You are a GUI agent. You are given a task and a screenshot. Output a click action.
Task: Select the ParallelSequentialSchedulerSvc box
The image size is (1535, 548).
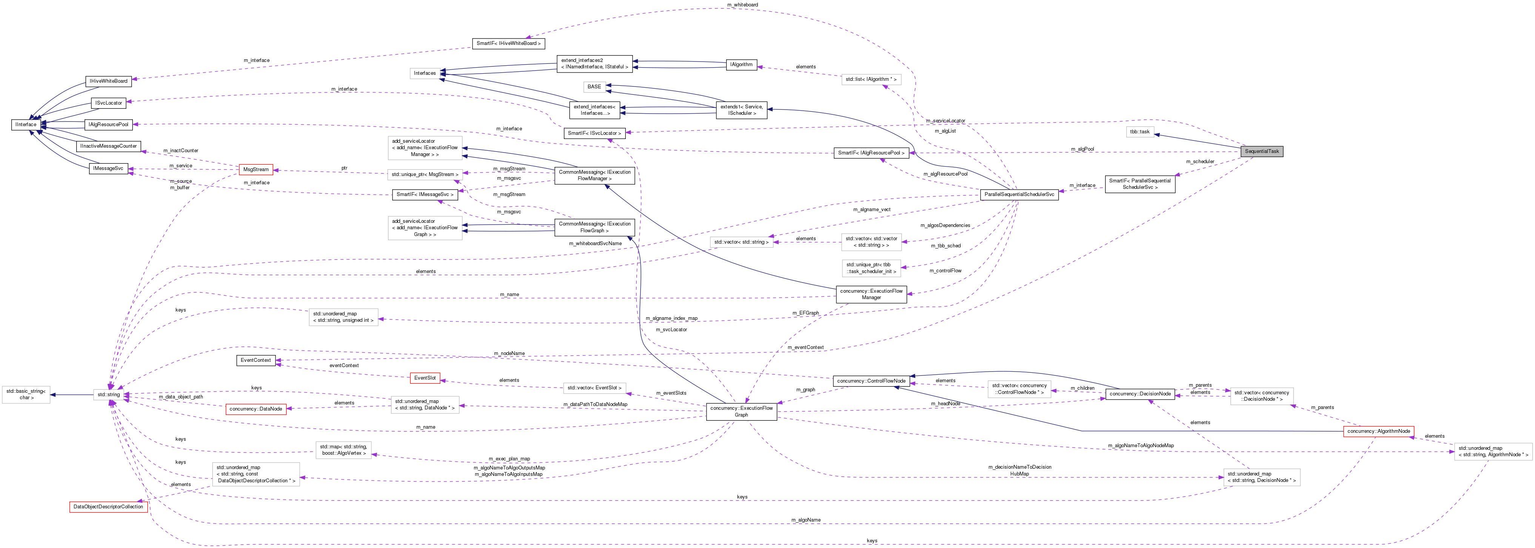point(1019,195)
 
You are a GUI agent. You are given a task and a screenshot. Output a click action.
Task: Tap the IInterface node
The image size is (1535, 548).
point(26,125)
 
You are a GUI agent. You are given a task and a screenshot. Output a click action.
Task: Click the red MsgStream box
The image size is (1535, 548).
point(256,169)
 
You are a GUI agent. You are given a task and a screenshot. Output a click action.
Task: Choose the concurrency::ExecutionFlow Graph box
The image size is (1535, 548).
point(741,411)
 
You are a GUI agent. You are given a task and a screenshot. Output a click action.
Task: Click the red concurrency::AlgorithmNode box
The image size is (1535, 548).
point(1378,431)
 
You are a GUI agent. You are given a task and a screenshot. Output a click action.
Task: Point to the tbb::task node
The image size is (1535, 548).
point(1139,132)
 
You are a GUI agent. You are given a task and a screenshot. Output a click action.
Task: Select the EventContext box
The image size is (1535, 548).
point(256,360)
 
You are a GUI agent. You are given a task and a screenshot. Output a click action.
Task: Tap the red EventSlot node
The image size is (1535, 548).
point(425,378)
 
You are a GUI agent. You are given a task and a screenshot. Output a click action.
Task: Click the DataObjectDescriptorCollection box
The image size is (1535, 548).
point(108,507)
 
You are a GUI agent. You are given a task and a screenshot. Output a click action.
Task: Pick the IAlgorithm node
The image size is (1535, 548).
point(741,65)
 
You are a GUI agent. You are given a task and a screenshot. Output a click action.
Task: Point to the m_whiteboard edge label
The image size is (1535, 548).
point(742,5)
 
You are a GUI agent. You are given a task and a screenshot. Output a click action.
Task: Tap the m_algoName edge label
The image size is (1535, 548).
point(806,520)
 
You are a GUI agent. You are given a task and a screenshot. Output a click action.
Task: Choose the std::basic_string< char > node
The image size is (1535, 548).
point(26,395)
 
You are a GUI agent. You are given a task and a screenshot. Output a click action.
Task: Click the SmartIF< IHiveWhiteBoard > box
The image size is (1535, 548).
point(508,43)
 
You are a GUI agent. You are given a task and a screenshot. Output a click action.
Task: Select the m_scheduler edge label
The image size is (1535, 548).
point(1199,162)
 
